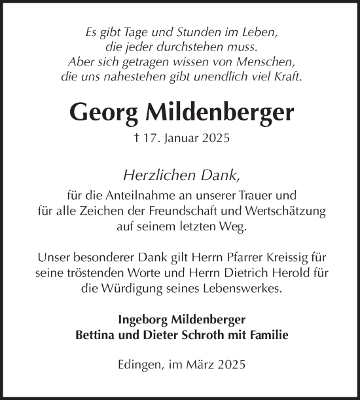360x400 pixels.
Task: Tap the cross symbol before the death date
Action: coord(136,138)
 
